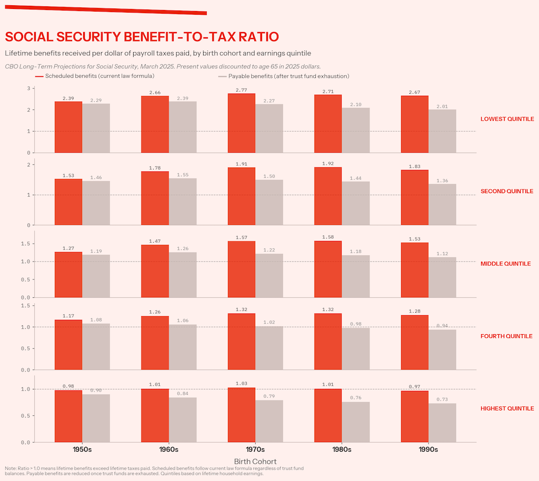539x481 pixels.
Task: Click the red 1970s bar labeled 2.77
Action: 242,123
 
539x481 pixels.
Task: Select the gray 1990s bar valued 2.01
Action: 442,131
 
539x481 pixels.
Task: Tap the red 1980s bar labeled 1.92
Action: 328,196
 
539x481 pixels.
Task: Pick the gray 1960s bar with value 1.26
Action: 183,275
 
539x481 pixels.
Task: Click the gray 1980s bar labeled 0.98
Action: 356,349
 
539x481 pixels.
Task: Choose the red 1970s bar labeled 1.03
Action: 242,415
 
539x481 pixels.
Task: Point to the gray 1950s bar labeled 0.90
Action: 96,418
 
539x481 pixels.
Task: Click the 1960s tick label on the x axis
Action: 169,450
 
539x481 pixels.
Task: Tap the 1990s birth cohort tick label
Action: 428,450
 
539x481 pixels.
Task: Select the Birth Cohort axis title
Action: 255,462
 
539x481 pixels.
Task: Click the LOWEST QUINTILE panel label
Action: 507,119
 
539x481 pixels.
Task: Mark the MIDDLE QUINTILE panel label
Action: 505,264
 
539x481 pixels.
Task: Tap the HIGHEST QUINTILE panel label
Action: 507,408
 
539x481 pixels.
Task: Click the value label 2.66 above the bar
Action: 155,93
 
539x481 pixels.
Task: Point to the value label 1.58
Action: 328,238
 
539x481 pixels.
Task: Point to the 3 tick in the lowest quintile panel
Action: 28,88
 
